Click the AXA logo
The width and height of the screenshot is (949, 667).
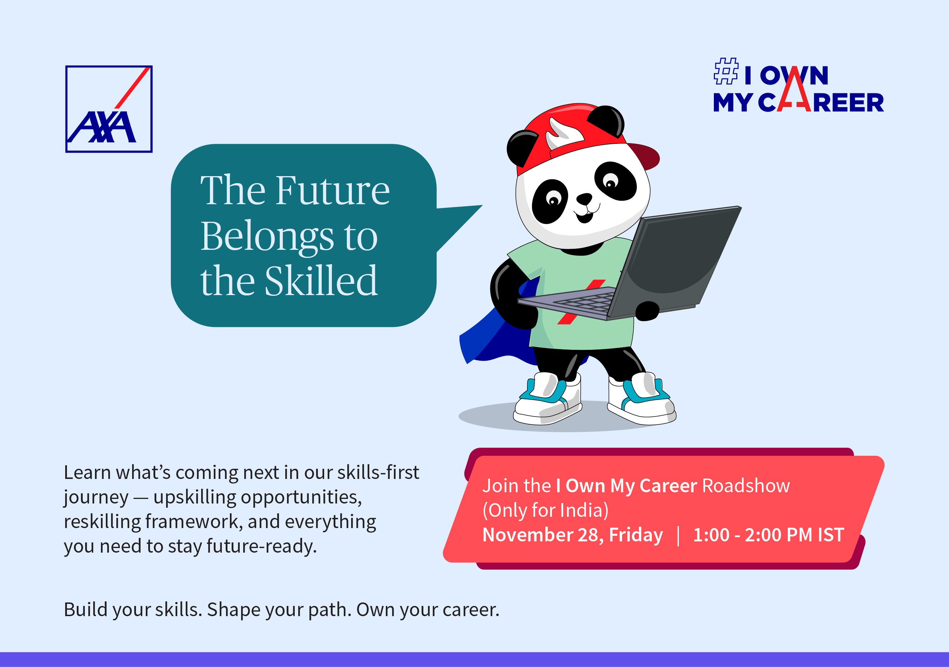click(109, 109)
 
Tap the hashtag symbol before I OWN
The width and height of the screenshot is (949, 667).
click(726, 71)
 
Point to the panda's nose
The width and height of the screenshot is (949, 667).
click(584, 199)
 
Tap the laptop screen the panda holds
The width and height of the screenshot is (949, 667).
click(678, 261)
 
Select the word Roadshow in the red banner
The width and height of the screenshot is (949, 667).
click(746, 486)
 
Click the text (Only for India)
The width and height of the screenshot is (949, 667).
click(546, 510)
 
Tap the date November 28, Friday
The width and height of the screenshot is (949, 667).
click(573, 535)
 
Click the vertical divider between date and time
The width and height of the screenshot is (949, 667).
click(678, 535)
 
